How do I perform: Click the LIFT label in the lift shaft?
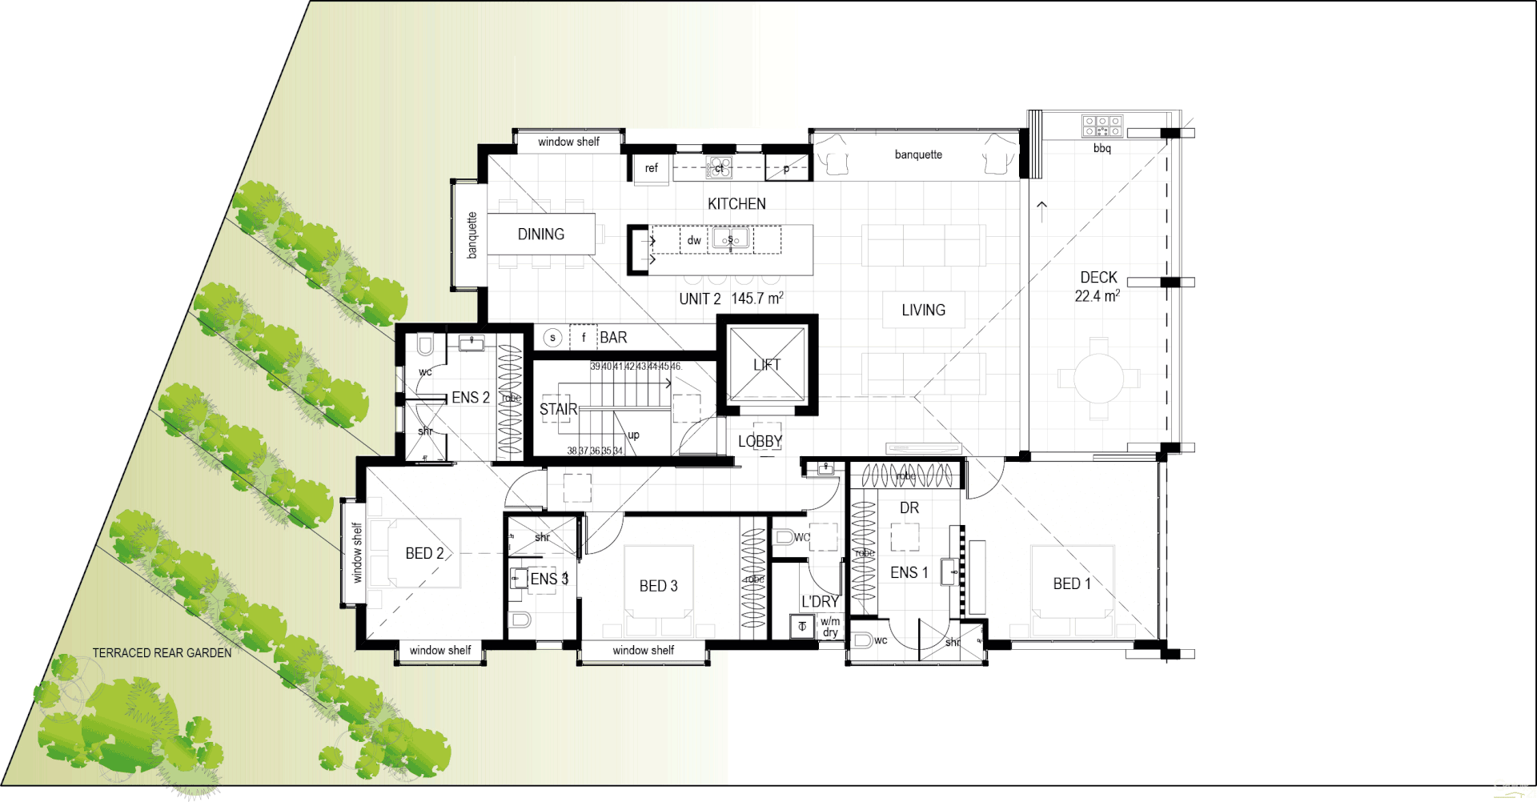[767, 365]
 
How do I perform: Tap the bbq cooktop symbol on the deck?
[1102, 126]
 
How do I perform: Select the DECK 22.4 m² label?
[1098, 287]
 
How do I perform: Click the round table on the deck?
[1098, 378]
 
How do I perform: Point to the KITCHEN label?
[736, 204]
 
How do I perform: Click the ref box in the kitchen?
[651, 168]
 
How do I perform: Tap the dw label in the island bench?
[694, 240]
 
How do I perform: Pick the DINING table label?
[541, 235]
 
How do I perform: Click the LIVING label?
[923, 311]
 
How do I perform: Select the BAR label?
[613, 338]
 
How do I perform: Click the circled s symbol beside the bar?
[552, 338]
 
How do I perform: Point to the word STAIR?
[558, 410]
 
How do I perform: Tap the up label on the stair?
[633, 435]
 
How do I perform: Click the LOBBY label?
[760, 442]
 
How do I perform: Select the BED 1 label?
[1072, 584]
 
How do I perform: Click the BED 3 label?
[658, 587]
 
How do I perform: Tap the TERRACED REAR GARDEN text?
[162, 653]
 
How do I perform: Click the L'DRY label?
[820, 602]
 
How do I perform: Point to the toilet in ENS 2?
[425, 346]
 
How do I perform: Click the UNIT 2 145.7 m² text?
[731, 299]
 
